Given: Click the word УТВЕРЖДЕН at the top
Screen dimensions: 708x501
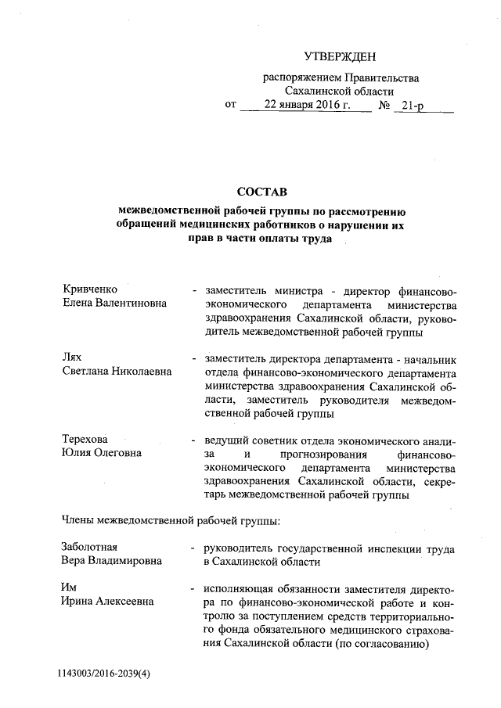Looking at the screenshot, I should (340, 56).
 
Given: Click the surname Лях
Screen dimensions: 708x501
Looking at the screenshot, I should (73, 358).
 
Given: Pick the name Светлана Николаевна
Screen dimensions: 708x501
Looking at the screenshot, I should (117, 372).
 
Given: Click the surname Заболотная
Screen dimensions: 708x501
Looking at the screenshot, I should (90, 548).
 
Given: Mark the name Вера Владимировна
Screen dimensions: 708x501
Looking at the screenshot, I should (112, 562).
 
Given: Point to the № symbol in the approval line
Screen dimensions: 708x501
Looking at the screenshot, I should (384, 104).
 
